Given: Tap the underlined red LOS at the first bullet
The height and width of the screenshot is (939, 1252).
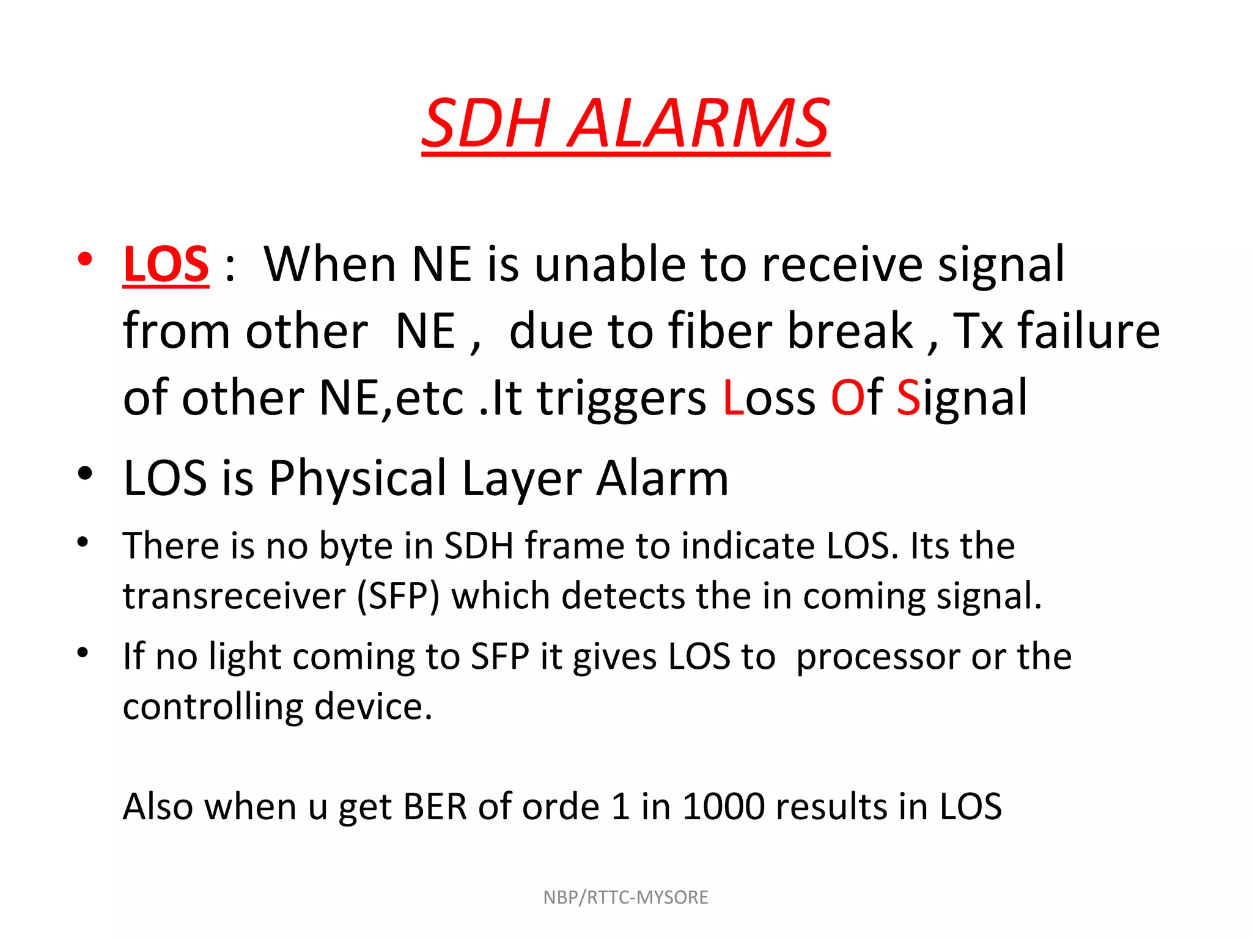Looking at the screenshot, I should [x=166, y=264].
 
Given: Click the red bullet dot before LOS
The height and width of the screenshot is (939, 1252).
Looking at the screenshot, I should [x=85, y=259].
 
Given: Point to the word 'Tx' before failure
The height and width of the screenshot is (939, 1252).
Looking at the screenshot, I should [x=978, y=331].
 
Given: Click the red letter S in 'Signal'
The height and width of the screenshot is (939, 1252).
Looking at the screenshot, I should [x=908, y=397].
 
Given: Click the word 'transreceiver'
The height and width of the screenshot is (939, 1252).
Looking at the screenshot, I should [x=234, y=595].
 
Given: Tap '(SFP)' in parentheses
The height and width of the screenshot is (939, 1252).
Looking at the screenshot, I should [x=398, y=597].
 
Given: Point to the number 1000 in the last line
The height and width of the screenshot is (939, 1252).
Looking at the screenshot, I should [x=723, y=806].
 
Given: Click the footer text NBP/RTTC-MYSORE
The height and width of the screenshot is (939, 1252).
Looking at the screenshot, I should [x=625, y=897].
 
